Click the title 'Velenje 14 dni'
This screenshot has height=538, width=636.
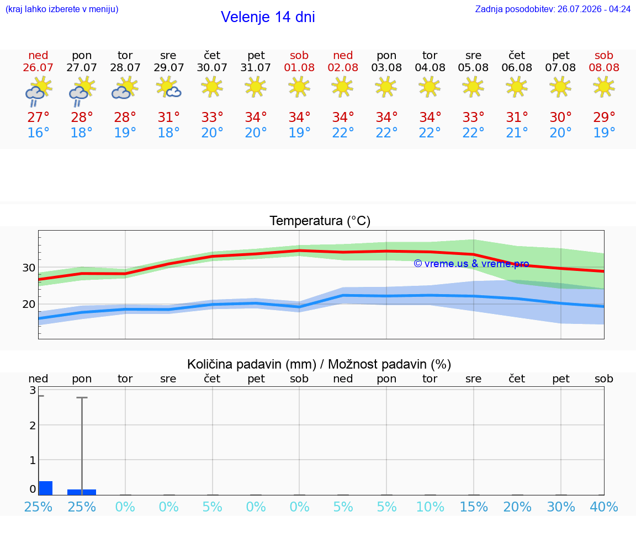click(268, 17)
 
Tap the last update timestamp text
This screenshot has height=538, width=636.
click(553, 9)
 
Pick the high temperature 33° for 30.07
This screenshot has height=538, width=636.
click(212, 118)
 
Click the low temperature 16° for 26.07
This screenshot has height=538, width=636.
click(38, 132)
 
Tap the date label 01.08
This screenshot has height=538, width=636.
click(299, 67)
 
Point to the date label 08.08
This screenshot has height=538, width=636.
click(604, 67)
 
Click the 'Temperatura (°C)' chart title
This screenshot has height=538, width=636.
click(320, 221)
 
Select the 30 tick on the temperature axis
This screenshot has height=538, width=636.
click(29, 268)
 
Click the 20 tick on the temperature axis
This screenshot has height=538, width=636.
click(29, 304)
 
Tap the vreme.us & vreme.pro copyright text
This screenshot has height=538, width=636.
click(471, 264)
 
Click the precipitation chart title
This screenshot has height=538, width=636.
click(319, 364)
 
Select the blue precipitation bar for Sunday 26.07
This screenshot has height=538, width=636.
click(46, 488)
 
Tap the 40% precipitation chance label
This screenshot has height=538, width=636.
click(604, 507)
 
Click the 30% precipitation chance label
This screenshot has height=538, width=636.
click(561, 507)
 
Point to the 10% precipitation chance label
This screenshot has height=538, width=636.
click(430, 507)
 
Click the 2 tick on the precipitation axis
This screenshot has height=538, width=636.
click(33, 425)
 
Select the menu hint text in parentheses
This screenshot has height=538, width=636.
click(62, 9)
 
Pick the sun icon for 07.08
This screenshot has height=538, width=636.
click(560, 87)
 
